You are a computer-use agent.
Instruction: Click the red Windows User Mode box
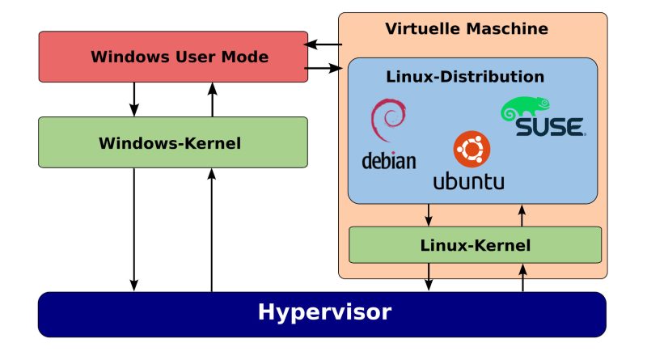click(173, 57)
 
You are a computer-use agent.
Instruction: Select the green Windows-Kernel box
click(173, 142)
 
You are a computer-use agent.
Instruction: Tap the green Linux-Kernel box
click(475, 244)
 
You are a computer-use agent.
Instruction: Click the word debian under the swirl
click(388, 160)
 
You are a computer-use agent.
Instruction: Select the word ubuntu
click(468, 180)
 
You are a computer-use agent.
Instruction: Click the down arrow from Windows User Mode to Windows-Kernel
click(135, 99)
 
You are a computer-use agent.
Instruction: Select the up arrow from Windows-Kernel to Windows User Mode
click(212, 99)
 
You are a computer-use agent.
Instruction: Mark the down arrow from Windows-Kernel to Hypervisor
click(135, 230)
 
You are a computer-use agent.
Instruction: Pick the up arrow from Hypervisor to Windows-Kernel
click(212, 230)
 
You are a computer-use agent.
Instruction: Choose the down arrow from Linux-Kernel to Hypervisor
click(429, 277)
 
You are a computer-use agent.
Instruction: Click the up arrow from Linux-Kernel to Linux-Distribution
click(522, 215)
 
